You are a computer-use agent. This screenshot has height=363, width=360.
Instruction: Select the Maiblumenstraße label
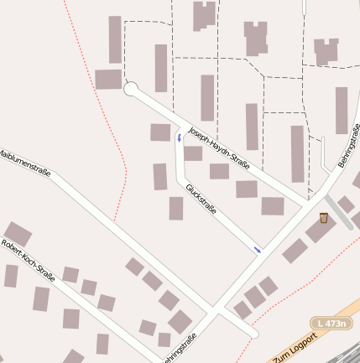coord(24,163)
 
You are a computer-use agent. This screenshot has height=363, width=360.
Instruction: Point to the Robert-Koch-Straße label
coord(28,261)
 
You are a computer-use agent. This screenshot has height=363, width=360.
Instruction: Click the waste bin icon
coord(323,218)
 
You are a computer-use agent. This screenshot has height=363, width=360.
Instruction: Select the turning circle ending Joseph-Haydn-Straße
coord(130,89)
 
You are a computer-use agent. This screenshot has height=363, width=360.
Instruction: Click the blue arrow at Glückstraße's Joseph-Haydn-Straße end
coord(179,136)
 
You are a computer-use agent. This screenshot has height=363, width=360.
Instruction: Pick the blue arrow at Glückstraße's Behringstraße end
coord(257,249)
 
